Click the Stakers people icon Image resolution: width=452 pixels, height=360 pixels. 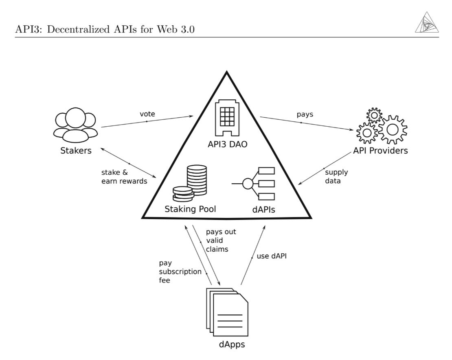pos(75,123)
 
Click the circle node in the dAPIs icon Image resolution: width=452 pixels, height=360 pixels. pos(248,184)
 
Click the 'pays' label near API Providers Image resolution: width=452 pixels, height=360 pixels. pos(305,114)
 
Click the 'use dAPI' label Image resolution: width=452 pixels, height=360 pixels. pos(272,257)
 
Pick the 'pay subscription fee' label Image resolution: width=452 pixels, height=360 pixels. pos(179,272)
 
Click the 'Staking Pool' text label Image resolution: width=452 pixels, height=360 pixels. pos(190,210)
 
